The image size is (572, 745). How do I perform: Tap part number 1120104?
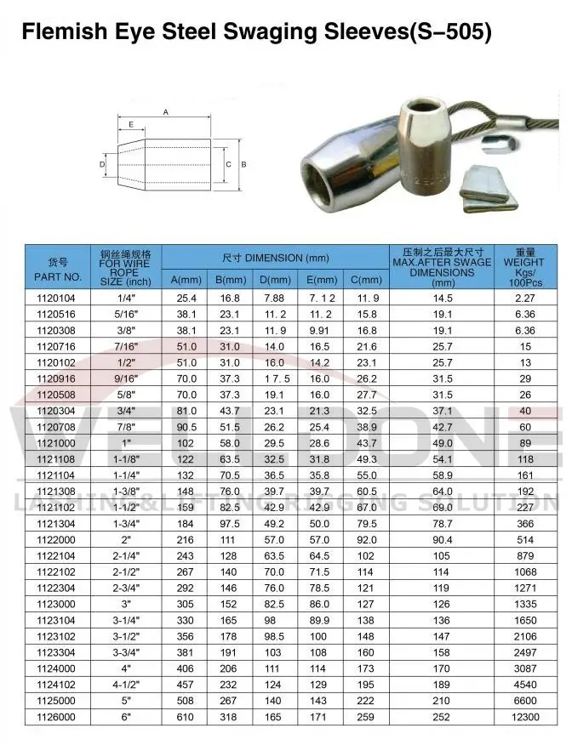[57, 299]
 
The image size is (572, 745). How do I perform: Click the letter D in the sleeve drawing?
[101, 164]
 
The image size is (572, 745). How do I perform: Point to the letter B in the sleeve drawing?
[243, 164]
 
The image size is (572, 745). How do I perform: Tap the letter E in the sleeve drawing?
[131, 124]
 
